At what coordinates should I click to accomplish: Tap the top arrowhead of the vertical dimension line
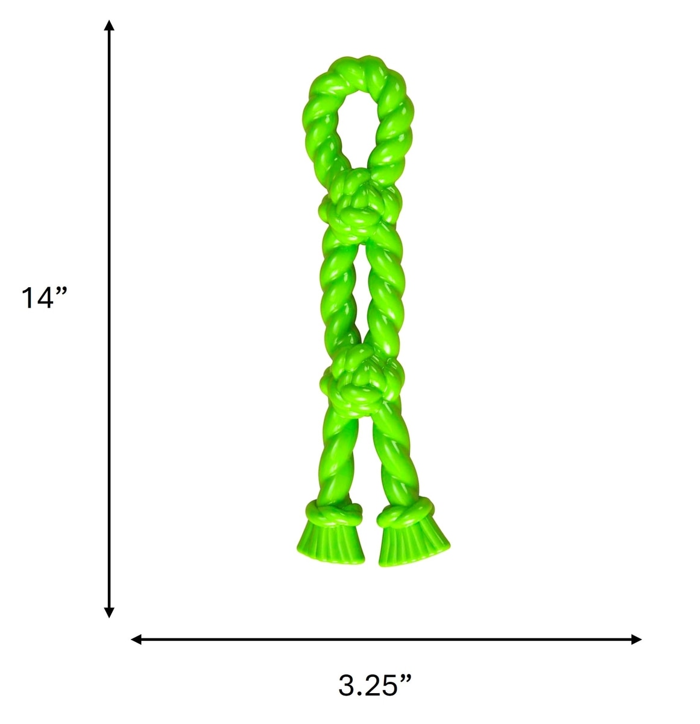(109, 25)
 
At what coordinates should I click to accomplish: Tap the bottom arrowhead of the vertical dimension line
(109, 612)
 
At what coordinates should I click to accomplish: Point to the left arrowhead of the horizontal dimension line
(136, 639)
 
